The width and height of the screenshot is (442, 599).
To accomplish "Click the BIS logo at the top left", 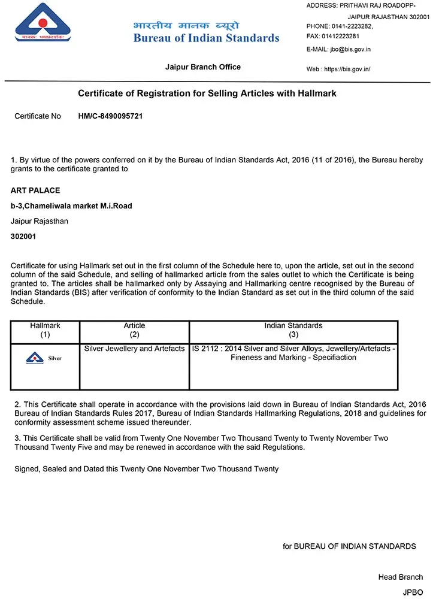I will tap(43, 23).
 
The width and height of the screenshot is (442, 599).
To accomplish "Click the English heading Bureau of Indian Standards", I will tap(206, 38).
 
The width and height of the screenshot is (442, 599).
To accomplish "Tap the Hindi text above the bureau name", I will tap(186, 25).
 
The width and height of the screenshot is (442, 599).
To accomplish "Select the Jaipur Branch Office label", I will tap(202, 67).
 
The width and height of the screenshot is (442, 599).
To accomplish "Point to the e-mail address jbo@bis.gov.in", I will tap(350, 49).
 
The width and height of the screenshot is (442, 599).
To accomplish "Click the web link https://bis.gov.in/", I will tap(347, 69).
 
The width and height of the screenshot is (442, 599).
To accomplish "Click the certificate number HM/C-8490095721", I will tap(110, 116).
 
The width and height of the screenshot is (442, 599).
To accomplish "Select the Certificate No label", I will tap(38, 116).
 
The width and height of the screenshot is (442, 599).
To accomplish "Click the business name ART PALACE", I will tap(35, 190).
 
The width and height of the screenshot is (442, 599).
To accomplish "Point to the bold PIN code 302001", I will tap(23, 237).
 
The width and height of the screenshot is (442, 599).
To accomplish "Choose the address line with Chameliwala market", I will tap(71, 206).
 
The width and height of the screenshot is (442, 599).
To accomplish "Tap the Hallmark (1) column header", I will tap(45, 330).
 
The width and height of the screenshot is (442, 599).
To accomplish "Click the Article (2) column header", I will tap(134, 330).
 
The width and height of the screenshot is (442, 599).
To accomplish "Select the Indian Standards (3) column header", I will tap(293, 330).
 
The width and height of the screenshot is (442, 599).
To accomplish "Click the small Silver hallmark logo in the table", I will tap(44, 358).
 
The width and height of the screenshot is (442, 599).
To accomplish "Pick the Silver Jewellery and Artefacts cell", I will tap(134, 349).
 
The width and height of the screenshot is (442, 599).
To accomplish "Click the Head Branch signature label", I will tap(400, 577).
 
